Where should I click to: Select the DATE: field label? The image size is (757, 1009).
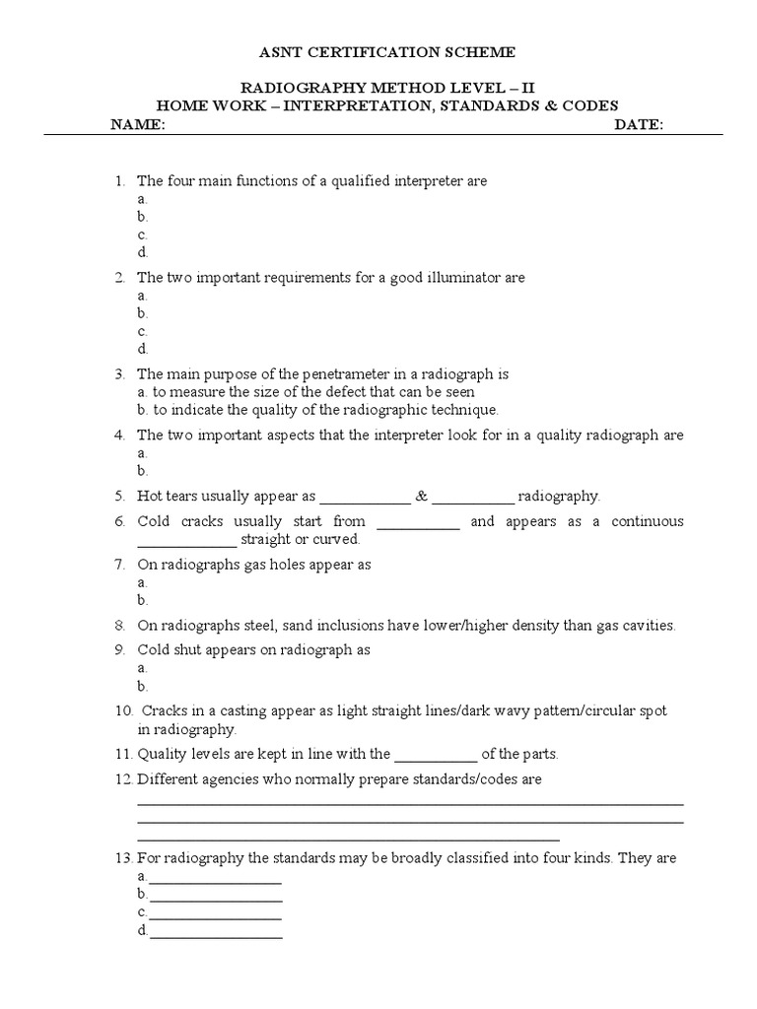pos(639,125)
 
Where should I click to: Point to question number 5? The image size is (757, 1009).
pos(119,496)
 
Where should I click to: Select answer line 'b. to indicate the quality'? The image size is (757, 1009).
pos(318,410)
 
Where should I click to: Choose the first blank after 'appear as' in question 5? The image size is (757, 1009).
pos(365,498)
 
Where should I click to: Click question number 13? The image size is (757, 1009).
pos(122,858)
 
